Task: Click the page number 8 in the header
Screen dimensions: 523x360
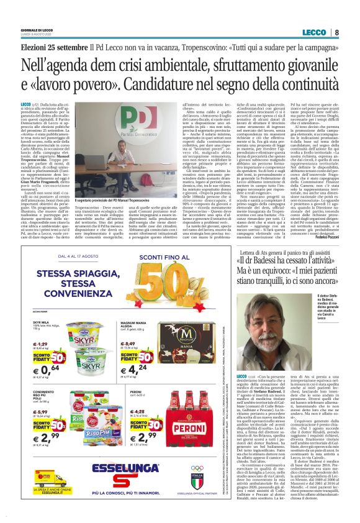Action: coord(336,32)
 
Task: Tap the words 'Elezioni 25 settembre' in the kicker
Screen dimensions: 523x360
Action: coord(53,48)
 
